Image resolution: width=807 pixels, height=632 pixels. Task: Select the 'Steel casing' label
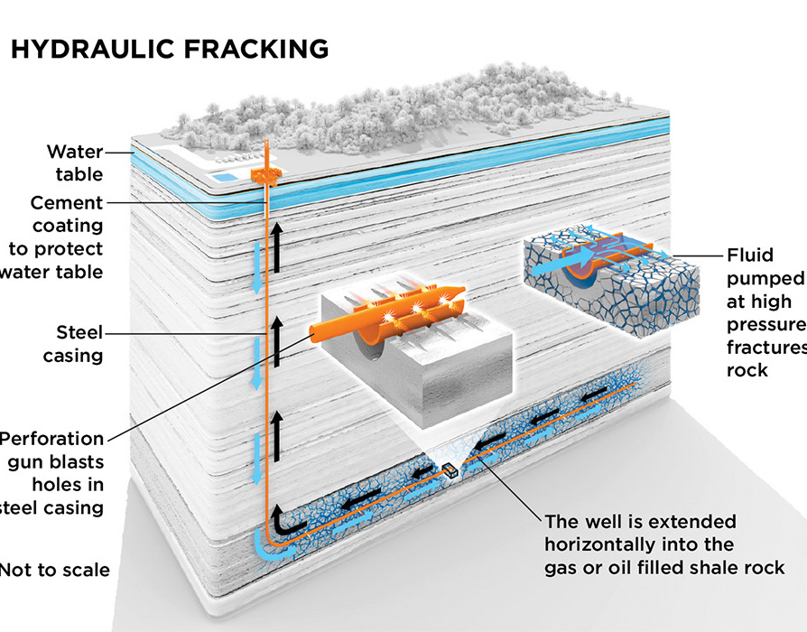point(73,343)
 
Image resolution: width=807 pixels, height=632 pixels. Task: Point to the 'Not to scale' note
point(54,569)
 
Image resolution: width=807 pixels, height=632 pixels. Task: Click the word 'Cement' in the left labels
point(67,202)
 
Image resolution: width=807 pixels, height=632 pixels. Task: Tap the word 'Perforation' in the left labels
point(51,439)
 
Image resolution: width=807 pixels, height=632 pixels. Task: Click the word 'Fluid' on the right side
point(748,255)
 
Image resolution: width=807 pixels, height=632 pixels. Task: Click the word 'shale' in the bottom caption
point(704,567)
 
